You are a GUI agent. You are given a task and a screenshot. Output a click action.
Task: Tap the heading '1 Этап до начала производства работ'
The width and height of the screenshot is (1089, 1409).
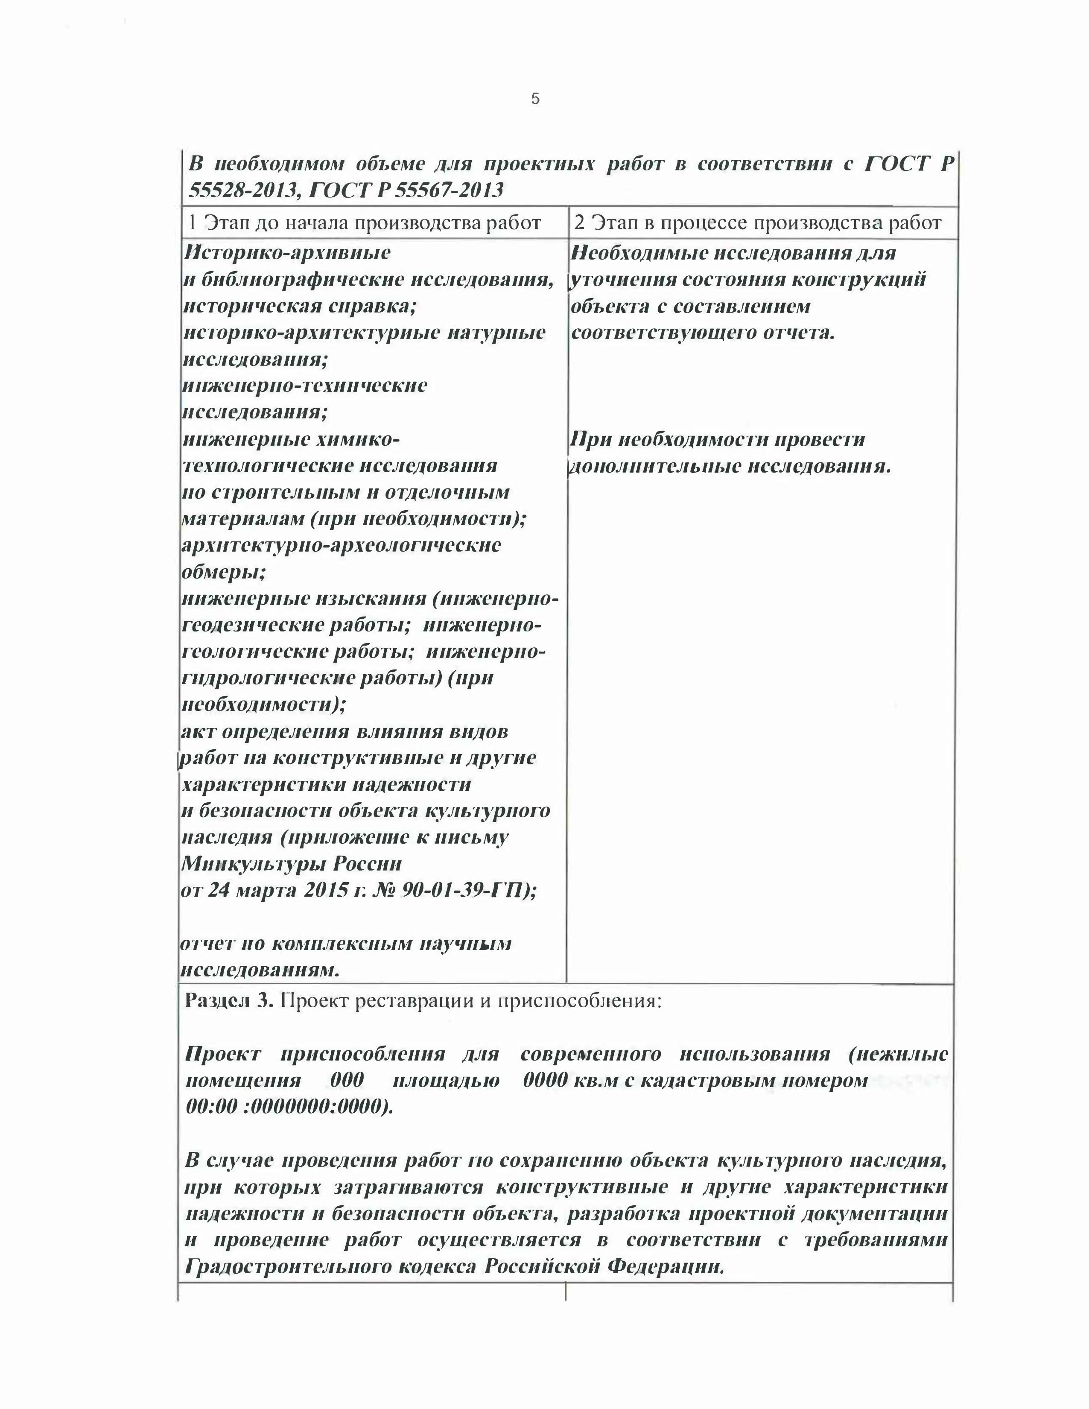click(x=364, y=223)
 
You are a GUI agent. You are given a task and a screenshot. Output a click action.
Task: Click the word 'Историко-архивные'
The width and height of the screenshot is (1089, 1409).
click(x=287, y=252)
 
